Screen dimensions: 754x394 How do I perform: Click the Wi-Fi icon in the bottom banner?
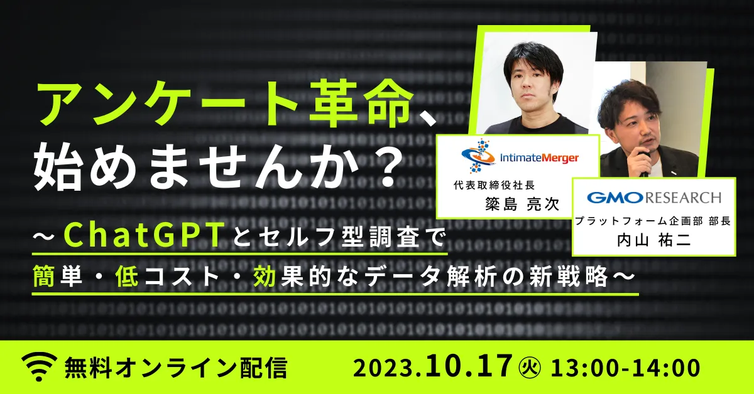pyautogui.click(x=39, y=367)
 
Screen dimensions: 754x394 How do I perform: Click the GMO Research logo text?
pyautogui.click(x=654, y=198)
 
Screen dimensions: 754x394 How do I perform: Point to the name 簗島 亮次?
pyautogui.click(x=522, y=204)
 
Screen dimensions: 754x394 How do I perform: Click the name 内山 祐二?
pyautogui.click(x=653, y=240)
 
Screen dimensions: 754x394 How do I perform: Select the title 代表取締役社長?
pyautogui.click(x=494, y=185)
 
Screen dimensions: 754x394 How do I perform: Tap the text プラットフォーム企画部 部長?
pyautogui.click(x=653, y=221)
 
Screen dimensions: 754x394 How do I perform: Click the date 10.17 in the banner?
pyautogui.click(x=469, y=366)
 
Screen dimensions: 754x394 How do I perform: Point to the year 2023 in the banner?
pyautogui.click(x=383, y=369)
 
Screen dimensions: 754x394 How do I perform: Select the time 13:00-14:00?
pyautogui.click(x=625, y=368)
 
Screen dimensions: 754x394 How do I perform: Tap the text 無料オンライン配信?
pyautogui.click(x=176, y=368)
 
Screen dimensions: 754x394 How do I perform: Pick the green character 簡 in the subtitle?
pyautogui.click(x=44, y=276)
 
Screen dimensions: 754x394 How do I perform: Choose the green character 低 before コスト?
pyautogui.click(x=126, y=276)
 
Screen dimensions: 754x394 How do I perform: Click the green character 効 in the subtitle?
pyautogui.click(x=265, y=276)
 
